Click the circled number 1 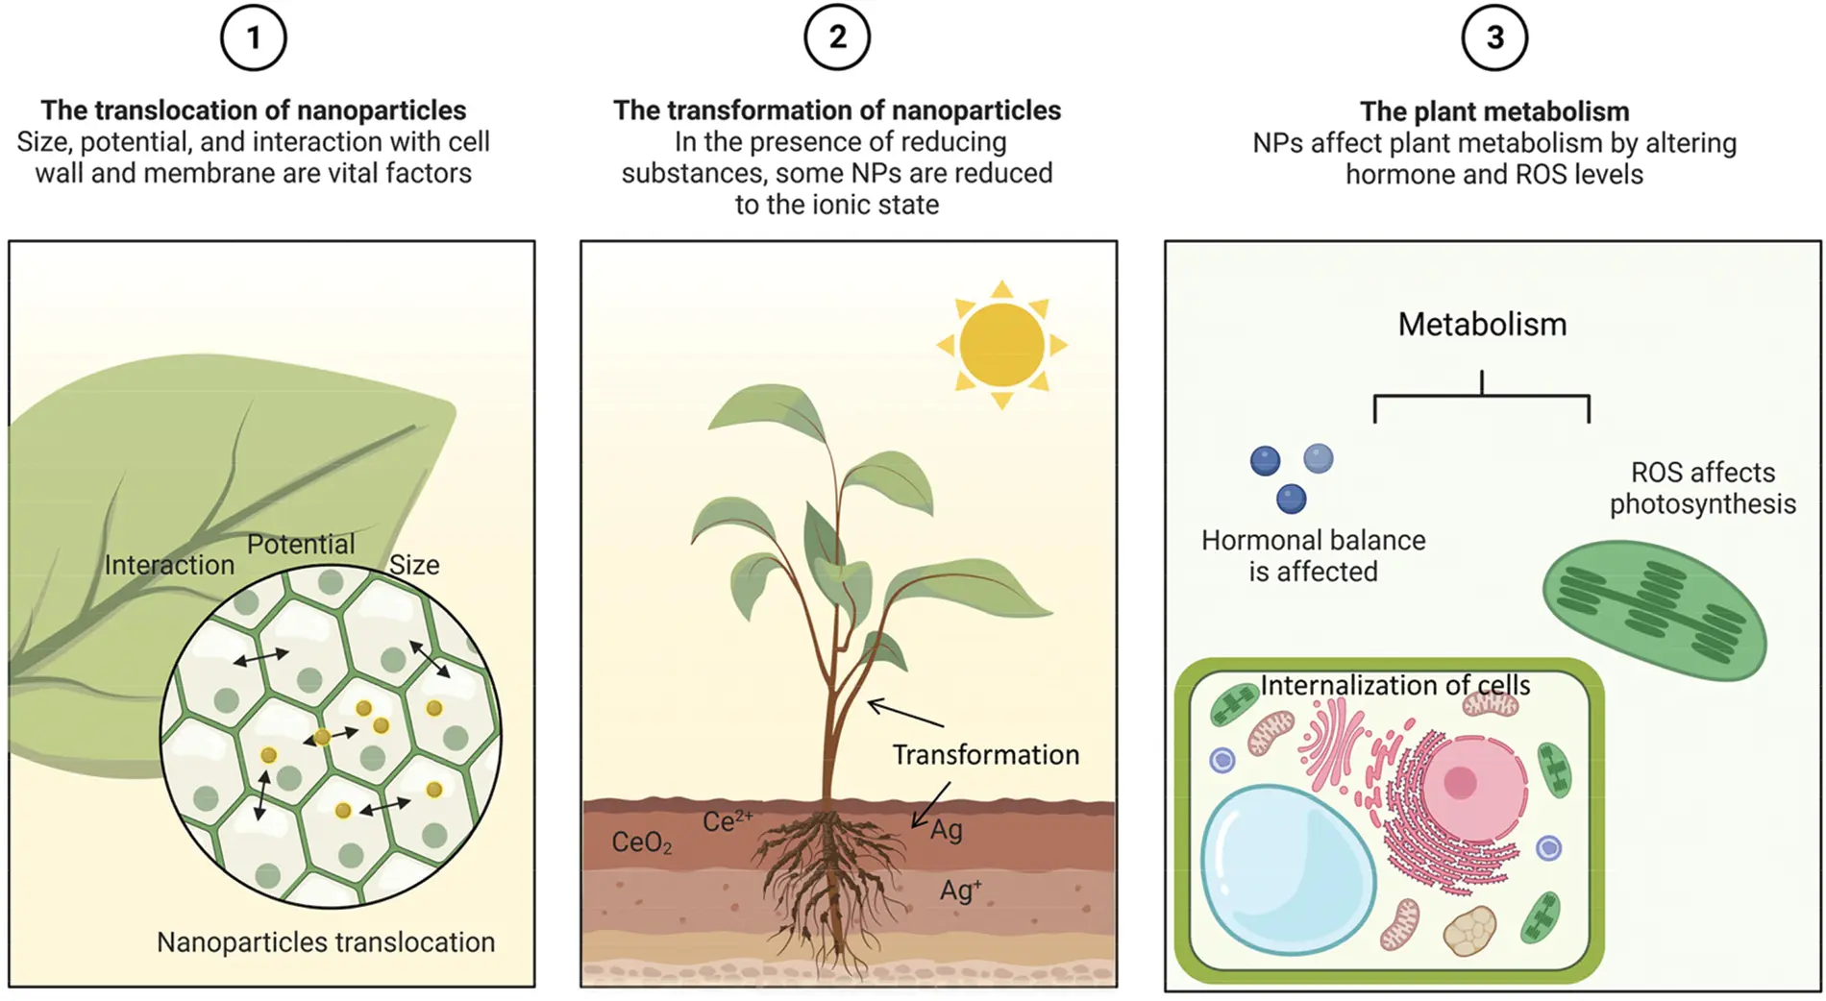[x=254, y=37]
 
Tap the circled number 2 [x=837, y=37]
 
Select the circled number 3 [x=1494, y=37]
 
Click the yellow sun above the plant [x=1001, y=345]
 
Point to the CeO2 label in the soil [x=642, y=843]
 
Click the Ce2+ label [x=728, y=821]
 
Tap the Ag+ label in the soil [x=961, y=890]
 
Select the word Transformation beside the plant [x=985, y=755]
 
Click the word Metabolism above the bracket [x=1482, y=325]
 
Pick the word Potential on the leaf [x=301, y=545]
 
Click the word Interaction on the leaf [x=169, y=565]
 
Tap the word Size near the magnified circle [x=414, y=565]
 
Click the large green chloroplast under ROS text [x=1654, y=610]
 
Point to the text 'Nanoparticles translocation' [x=326, y=942]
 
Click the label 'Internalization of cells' [x=1395, y=685]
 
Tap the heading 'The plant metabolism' [x=1494, y=111]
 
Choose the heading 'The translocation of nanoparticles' [x=254, y=110]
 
